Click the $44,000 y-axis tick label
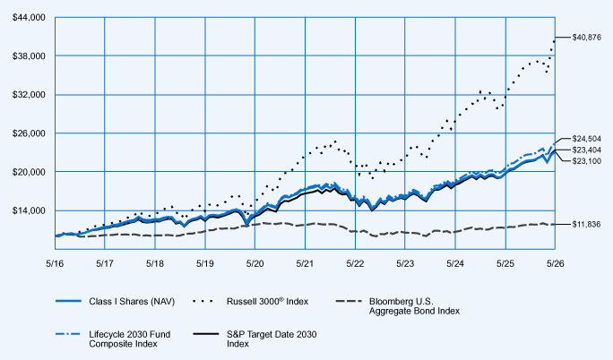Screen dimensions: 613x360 pyautogui.click(x=29, y=18)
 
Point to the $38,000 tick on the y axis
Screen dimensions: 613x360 pyautogui.click(x=29, y=56)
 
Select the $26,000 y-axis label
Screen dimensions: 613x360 pyautogui.click(x=29, y=133)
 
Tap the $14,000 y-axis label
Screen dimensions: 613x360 pyautogui.click(x=29, y=210)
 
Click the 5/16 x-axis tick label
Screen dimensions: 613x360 pyautogui.click(x=55, y=263)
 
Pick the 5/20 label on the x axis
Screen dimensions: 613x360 pyautogui.click(x=255, y=263)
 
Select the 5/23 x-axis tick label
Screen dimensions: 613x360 pyautogui.click(x=405, y=263)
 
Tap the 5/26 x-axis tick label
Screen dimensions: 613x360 pyautogui.click(x=555, y=263)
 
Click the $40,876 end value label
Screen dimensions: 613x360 pyautogui.click(x=586, y=38)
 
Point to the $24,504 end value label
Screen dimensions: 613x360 pyautogui.click(x=586, y=139)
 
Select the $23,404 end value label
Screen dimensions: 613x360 pyautogui.click(x=586, y=150)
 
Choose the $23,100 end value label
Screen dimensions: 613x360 pyautogui.click(x=586, y=161)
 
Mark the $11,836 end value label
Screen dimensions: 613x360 pyautogui.click(x=586, y=224)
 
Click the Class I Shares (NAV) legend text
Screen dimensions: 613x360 pyautogui.click(x=132, y=302)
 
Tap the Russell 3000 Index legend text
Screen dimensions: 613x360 pyautogui.click(x=267, y=301)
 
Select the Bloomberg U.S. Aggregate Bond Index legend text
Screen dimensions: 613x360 pyautogui.click(x=414, y=306)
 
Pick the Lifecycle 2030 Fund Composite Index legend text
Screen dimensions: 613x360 pyautogui.click(x=129, y=339)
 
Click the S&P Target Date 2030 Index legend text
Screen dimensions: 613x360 pyautogui.click(x=272, y=339)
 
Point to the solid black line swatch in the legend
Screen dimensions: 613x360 pyautogui.click(x=206, y=334)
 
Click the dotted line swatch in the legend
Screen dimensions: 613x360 pyautogui.click(x=203, y=302)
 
